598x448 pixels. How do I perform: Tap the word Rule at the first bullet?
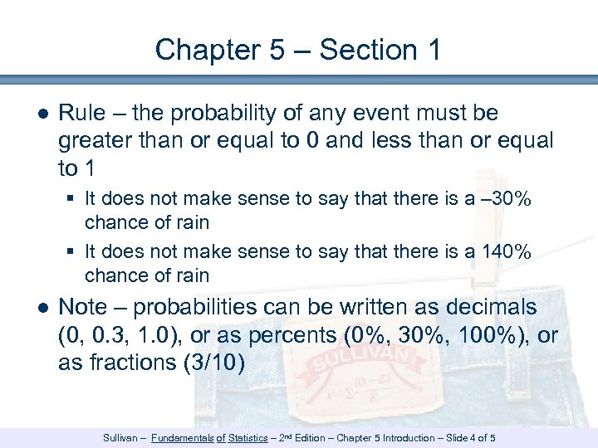point(81,113)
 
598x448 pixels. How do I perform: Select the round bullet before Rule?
point(42,114)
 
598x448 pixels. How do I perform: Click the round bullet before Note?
point(42,308)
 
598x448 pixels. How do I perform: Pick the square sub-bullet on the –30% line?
point(74,199)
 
